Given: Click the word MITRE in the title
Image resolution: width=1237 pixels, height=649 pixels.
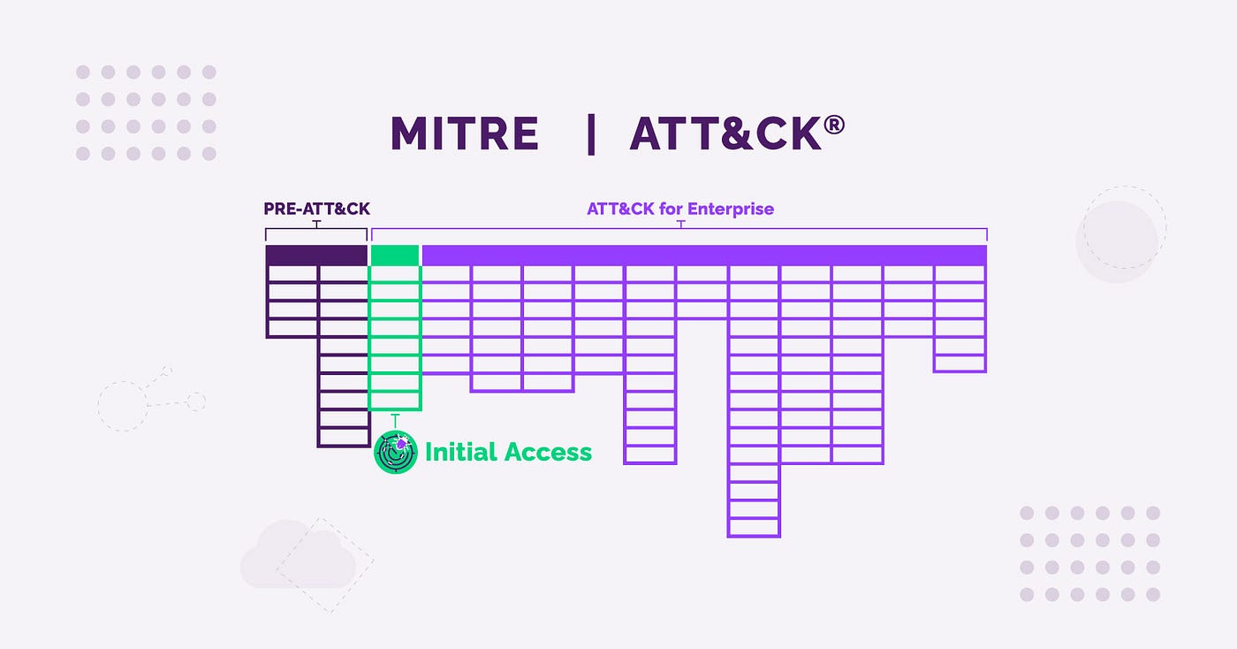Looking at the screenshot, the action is pyautogui.click(x=465, y=134).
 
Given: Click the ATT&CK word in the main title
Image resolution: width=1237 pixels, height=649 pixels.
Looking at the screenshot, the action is pyautogui.click(x=725, y=134).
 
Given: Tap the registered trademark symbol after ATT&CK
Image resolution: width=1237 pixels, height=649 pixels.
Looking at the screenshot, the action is pyautogui.click(x=834, y=125).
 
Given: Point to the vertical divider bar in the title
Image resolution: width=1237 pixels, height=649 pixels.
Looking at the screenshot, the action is pyautogui.click(x=591, y=134).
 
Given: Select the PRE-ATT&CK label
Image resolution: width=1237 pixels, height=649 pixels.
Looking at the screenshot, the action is pyautogui.click(x=316, y=209).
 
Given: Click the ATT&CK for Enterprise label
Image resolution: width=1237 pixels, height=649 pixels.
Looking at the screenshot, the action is pyautogui.click(x=680, y=209).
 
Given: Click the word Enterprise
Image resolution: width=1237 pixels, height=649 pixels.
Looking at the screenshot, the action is pyautogui.click(x=731, y=209).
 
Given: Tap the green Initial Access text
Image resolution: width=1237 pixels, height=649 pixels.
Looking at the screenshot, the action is pyautogui.click(x=508, y=452).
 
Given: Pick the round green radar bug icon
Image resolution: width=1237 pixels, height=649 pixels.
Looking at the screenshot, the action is pyautogui.click(x=396, y=452).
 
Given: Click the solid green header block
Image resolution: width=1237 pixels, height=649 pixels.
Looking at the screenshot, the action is pyautogui.click(x=395, y=256).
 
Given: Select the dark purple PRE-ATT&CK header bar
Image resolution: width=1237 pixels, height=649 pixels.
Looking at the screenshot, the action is pyautogui.click(x=316, y=256).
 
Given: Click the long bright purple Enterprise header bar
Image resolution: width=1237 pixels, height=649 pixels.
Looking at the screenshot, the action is pyautogui.click(x=705, y=256).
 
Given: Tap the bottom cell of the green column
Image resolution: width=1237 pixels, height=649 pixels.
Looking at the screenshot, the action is pyautogui.click(x=395, y=401).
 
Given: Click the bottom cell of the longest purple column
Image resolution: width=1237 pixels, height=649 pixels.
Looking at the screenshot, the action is pyautogui.click(x=754, y=527).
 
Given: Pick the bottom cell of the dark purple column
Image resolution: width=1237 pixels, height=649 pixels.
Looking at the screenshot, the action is pyautogui.click(x=344, y=438).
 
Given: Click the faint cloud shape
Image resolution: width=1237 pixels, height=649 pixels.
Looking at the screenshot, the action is pyautogui.click(x=299, y=555).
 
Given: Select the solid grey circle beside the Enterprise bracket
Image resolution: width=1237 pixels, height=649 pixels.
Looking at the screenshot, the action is pyautogui.click(x=1117, y=241).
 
